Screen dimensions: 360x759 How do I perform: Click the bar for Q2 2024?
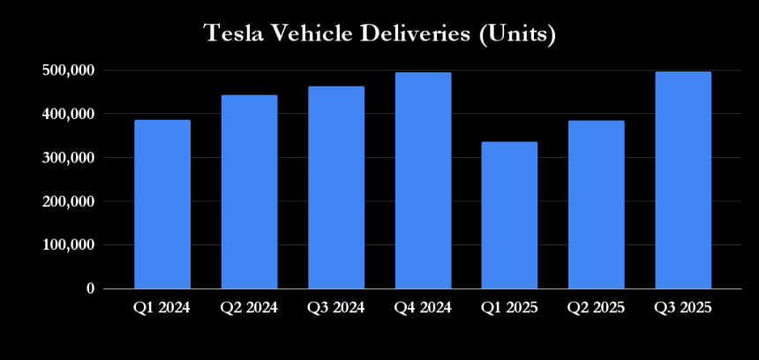click(x=249, y=192)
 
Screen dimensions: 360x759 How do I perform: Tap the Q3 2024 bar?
click(x=336, y=188)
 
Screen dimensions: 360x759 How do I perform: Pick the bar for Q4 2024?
click(x=423, y=181)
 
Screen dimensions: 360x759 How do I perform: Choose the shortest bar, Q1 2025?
click(x=509, y=215)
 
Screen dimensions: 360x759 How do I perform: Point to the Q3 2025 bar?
click(x=683, y=180)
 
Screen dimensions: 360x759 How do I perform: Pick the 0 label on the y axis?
click(x=90, y=289)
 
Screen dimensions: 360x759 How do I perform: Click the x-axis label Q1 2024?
click(x=162, y=308)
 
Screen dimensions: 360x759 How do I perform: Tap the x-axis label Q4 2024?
click(x=423, y=308)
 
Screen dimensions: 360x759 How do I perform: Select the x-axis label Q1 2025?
click(x=509, y=308)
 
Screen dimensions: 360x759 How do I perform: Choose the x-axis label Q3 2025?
click(x=683, y=308)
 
